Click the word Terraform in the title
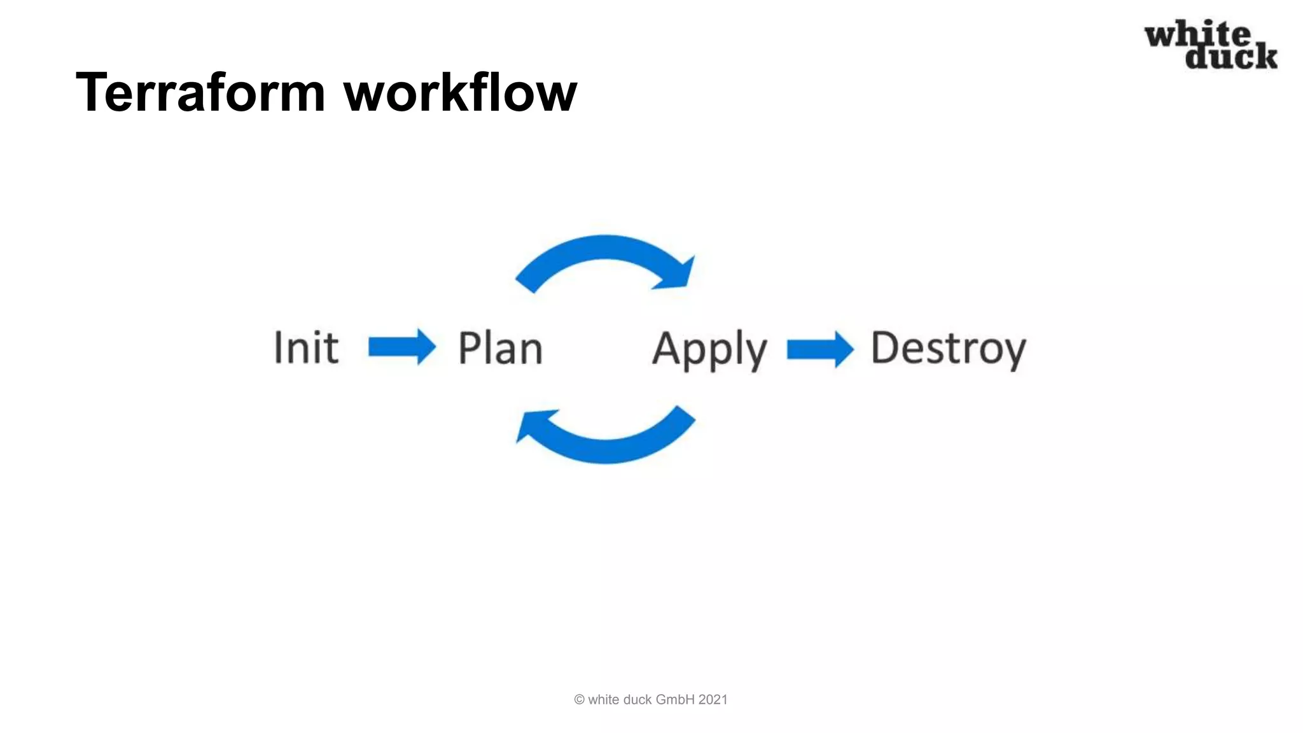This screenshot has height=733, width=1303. click(200, 93)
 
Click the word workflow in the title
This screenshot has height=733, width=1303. click(460, 93)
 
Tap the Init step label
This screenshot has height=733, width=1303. click(306, 348)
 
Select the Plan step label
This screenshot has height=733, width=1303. click(500, 349)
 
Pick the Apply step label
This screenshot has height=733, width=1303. click(709, 349)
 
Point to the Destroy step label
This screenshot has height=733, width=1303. click(948, 349)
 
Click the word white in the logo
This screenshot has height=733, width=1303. click(1197, 34)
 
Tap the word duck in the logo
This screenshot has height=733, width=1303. click(1231, 56)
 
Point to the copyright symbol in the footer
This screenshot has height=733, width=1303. click(579, 700)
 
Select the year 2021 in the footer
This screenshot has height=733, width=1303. click(713, 700)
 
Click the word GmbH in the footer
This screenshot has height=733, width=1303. click(674, 700)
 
